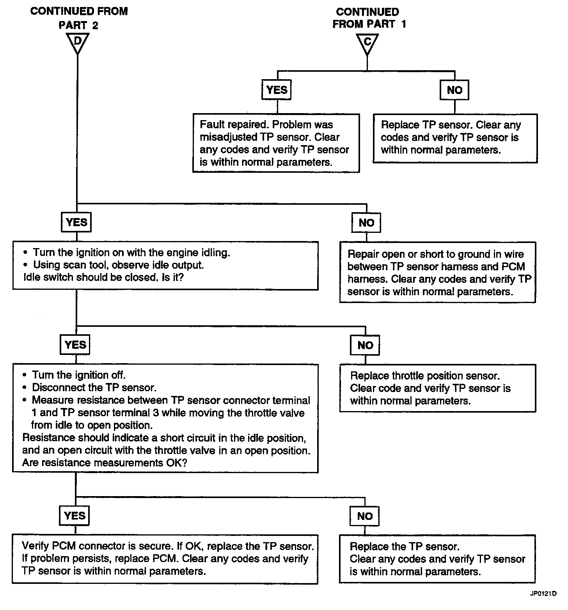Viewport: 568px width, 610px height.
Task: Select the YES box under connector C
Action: click(x=277, y=90)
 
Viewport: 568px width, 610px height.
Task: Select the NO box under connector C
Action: click(x=454, y=90)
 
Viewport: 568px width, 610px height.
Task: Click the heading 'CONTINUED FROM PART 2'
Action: click(x=79, y=18)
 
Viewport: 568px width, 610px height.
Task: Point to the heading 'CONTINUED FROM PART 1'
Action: click(x=369, y=18)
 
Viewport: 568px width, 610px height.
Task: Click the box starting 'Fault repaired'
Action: click(x=276, y=143)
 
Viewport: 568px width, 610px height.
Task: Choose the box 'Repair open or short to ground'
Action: click(x=437, y=273)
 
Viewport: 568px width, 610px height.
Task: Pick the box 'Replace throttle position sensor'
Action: click(x=437, y=388)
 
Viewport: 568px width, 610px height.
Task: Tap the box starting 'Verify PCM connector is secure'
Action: click(x=165, y=559)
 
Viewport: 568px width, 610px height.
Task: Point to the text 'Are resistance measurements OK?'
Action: click(x=105, y=463)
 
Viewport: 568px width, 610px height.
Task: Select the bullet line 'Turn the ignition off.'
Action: click(x=74, y=375)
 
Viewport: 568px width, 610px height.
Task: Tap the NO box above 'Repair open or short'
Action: click(x=366, y=223)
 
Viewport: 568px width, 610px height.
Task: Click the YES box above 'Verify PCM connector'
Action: click(x=75, y=516)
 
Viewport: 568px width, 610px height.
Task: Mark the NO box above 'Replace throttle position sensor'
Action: click(x=365, y=345)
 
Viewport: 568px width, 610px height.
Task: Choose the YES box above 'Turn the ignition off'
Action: click(x=75, y=345)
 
